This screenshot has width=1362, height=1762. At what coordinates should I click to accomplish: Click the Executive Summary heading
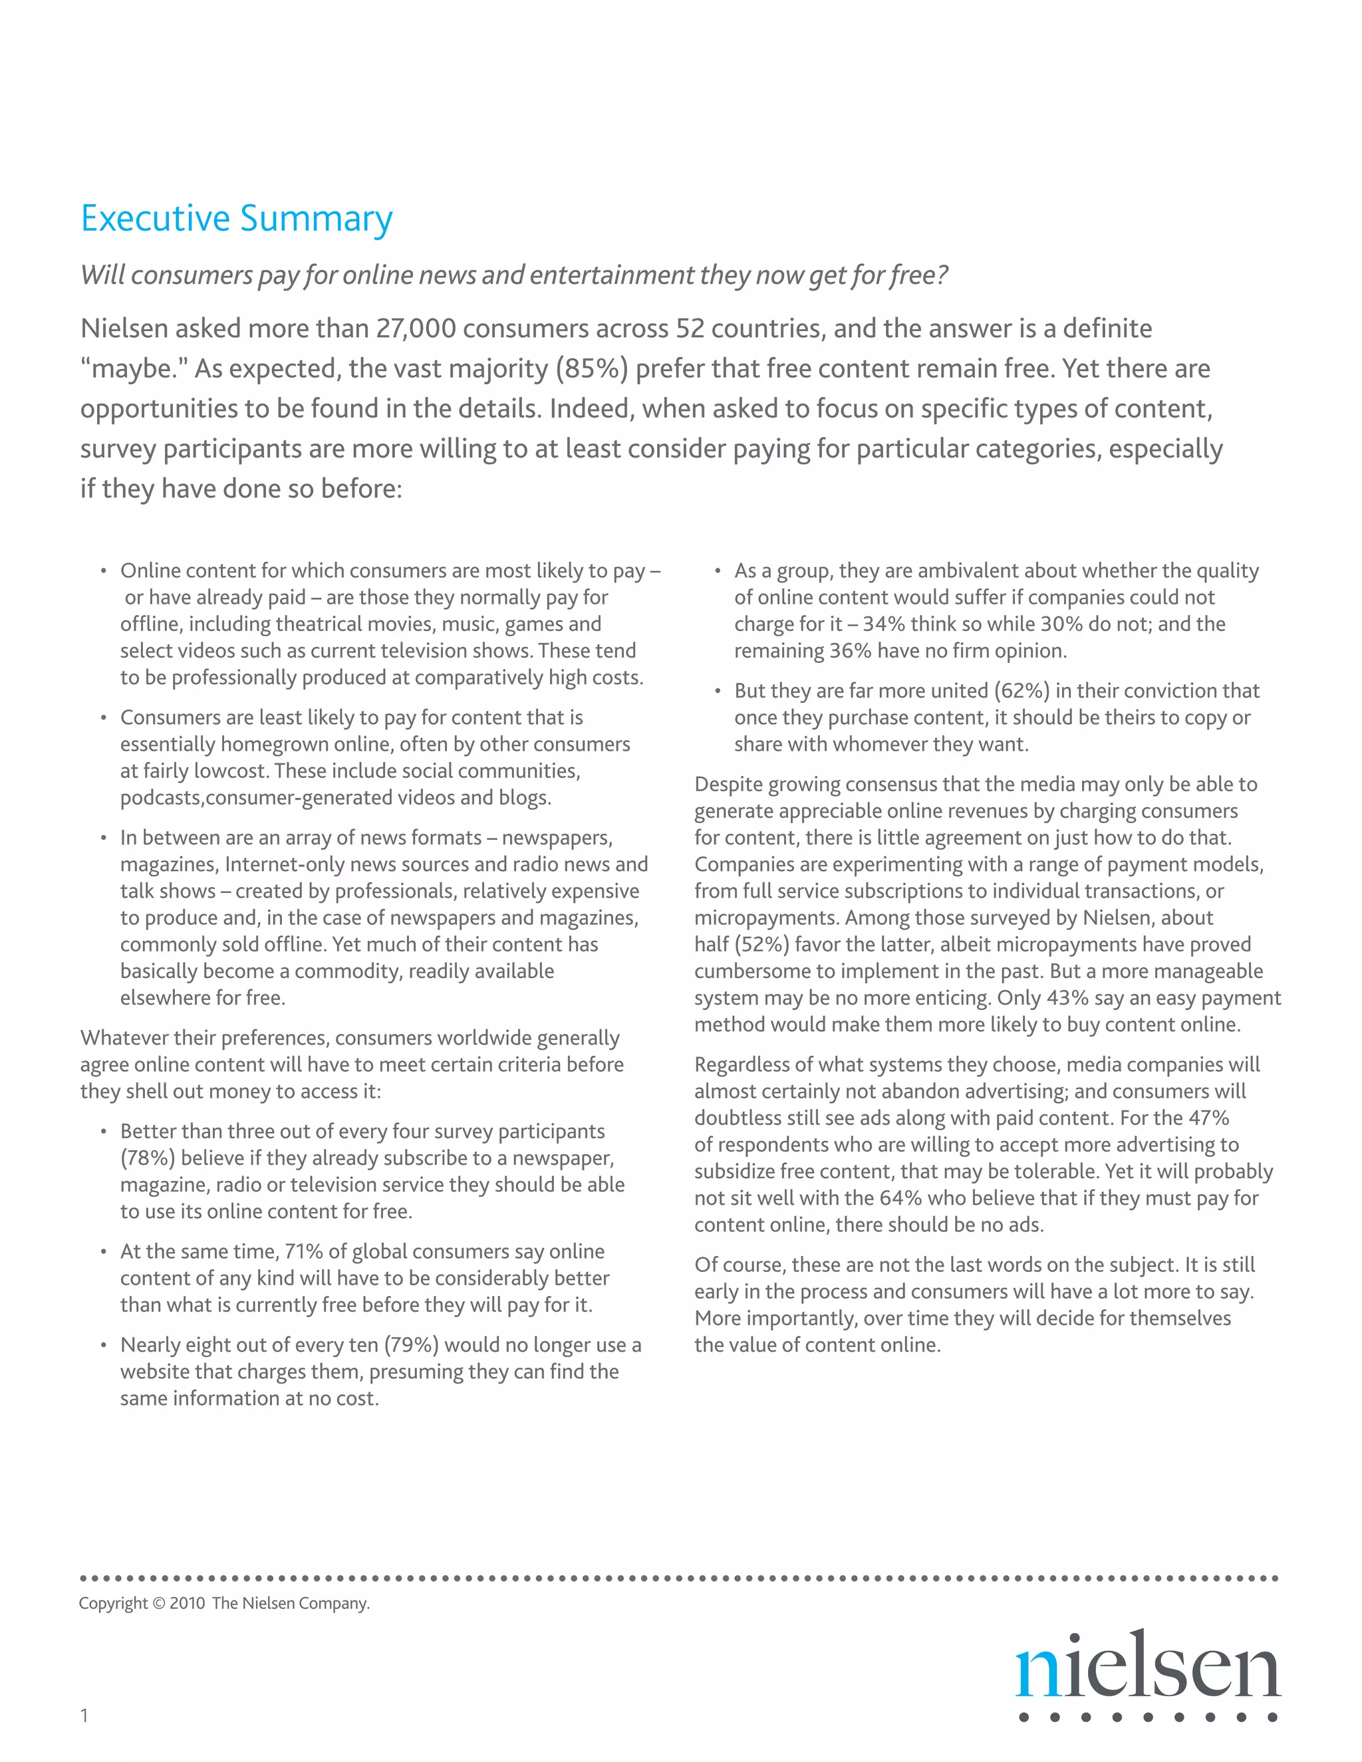tap(236, 219)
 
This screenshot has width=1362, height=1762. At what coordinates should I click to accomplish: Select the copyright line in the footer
tap(224, 1603)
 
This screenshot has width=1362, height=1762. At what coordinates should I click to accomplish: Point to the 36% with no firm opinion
tap(851, 651)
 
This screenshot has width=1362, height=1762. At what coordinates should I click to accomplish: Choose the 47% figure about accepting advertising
tap(1208, 1118)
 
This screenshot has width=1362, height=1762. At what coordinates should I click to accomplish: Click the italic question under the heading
tap(513, 275)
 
